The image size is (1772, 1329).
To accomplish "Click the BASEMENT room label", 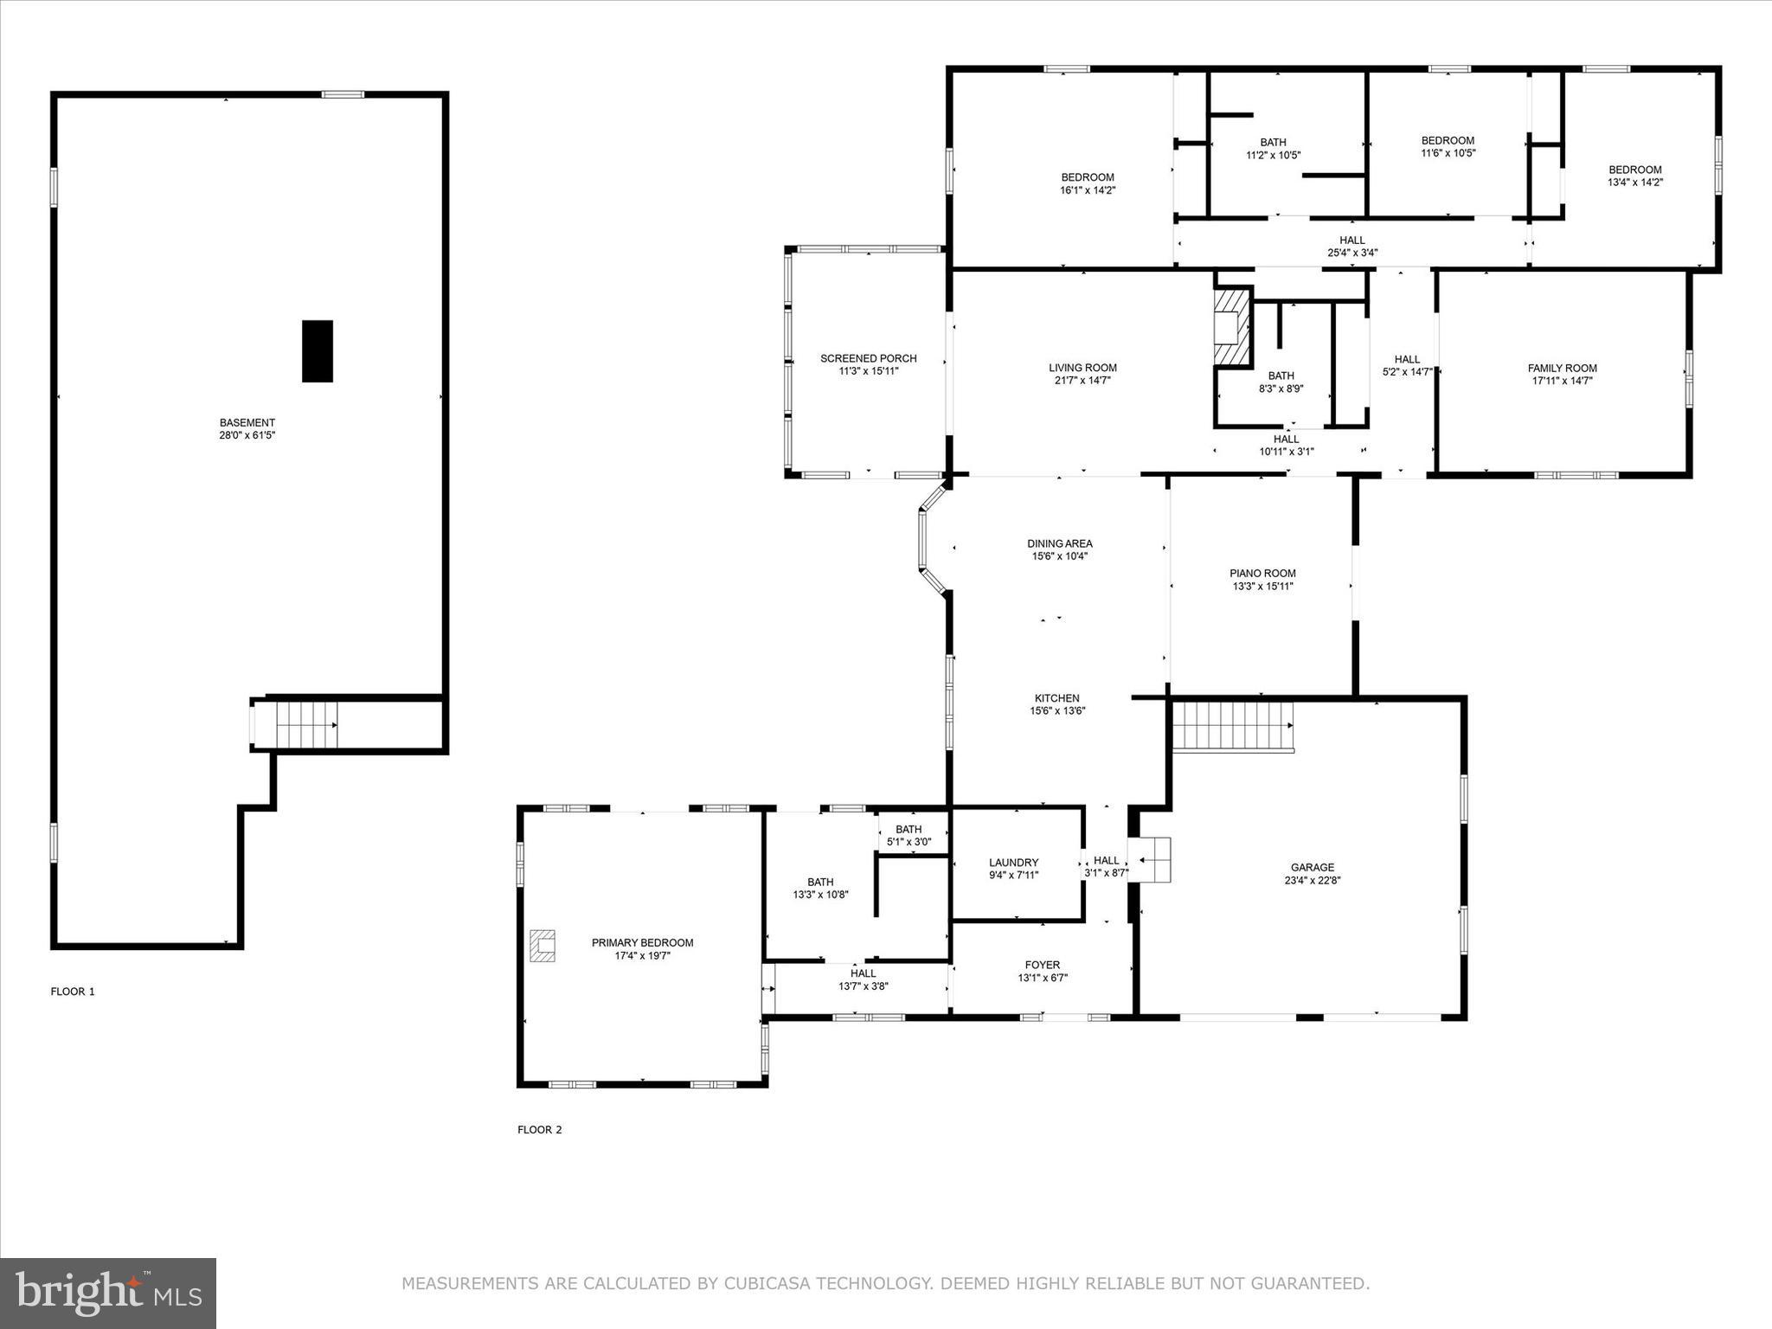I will [247, 423].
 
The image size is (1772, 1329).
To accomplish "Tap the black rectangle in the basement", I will [317, 350].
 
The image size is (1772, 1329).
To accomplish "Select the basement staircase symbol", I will [305, 725].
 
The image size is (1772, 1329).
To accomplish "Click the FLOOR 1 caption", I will [73, 992].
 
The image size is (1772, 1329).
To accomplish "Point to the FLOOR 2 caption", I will [540, 1129].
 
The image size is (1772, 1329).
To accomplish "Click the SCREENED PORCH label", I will [869, 358].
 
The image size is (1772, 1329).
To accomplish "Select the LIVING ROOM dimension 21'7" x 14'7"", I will [1082, 380].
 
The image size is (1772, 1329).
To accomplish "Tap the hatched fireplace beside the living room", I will [1231, 329].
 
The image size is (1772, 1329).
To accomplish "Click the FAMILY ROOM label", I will [1563, 368].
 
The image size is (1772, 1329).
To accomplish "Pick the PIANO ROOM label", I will [1262, 573].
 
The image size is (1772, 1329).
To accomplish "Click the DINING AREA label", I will [1060, 543].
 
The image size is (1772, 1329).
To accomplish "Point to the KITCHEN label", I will [1057, 698].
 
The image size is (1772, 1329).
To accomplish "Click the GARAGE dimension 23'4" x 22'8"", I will [1313, 880].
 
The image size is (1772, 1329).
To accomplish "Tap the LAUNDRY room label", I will [1014, 863].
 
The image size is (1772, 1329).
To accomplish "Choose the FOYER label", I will [1043, 965].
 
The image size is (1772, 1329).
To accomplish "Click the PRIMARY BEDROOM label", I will [643, 942].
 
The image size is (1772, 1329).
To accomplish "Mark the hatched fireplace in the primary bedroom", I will [543, 946].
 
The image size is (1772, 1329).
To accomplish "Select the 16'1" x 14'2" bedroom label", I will [1088, 189].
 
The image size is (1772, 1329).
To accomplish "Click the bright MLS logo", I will [108, 1293].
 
